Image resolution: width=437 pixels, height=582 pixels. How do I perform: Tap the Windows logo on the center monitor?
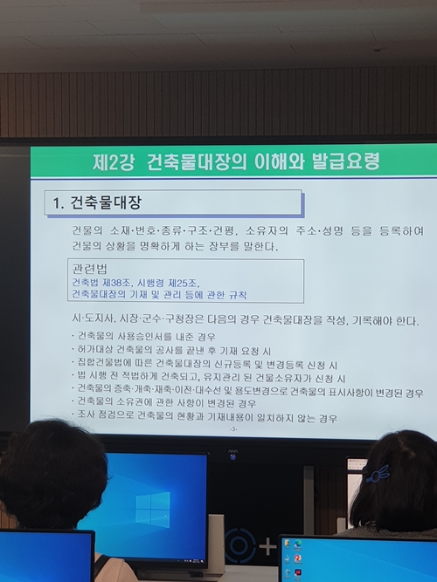(x=152, y=509)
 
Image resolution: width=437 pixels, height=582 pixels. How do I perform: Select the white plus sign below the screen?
(x=267, y=548)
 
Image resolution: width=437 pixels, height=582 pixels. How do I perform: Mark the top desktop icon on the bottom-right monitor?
(x=299, y=545)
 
